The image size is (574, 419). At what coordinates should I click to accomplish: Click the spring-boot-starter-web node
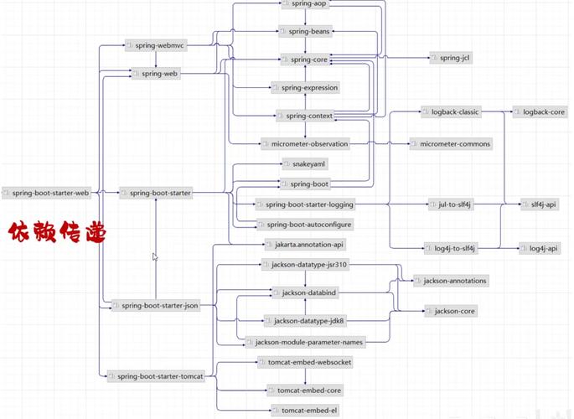coord(47,193)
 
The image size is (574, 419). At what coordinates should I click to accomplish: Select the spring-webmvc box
coord(157,45)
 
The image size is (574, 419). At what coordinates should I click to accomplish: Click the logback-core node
coord(540,111)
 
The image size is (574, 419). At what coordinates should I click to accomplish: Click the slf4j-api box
coord(539,204)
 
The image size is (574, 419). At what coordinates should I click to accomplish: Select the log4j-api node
coord(539,248)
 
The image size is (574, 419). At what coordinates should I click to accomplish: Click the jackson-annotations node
coord(451,280)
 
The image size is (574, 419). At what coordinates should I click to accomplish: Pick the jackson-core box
coord(451,311)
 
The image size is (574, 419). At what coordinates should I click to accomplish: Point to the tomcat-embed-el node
coord(304,410)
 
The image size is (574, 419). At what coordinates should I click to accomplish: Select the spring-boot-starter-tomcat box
coord(157,377)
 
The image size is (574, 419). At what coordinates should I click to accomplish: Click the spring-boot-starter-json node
coord(157,306)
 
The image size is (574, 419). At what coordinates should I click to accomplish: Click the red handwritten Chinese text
coord(57,232)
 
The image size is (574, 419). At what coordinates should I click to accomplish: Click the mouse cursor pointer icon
coord(155,257)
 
